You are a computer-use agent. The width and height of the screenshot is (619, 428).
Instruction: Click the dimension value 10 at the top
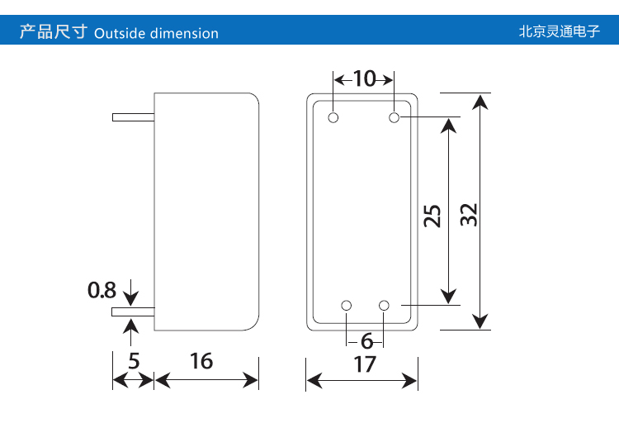pos(363,79)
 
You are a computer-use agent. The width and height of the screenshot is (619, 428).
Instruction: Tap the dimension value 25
pos(432,216)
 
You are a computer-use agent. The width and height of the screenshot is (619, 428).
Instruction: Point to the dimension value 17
pos(364,364)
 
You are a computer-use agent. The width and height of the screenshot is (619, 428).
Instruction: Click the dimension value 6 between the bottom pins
pos(366,340)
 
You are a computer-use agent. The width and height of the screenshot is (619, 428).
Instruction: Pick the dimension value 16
pos(201,361)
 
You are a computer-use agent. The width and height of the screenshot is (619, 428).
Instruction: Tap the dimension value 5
pos(134,361)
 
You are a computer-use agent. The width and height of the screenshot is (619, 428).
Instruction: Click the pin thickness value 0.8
pos(102,291)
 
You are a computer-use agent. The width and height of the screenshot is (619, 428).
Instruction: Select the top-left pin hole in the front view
pos(333,117)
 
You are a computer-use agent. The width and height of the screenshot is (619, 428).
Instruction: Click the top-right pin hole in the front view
pos(395,117)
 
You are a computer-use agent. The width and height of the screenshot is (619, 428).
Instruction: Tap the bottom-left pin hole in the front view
pos(347,306)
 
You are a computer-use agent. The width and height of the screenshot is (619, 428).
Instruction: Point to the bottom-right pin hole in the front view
pos(384,306)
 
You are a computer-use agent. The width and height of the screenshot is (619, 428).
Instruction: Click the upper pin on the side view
pos(133,117)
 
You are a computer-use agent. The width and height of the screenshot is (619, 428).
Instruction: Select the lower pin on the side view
pos(133,312)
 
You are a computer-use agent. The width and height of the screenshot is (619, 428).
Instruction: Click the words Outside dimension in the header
pos(157,34)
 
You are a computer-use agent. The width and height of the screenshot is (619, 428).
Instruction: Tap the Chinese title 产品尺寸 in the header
pos(53,33)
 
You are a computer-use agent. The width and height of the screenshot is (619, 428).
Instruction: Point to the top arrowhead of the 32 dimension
pos(481,101)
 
